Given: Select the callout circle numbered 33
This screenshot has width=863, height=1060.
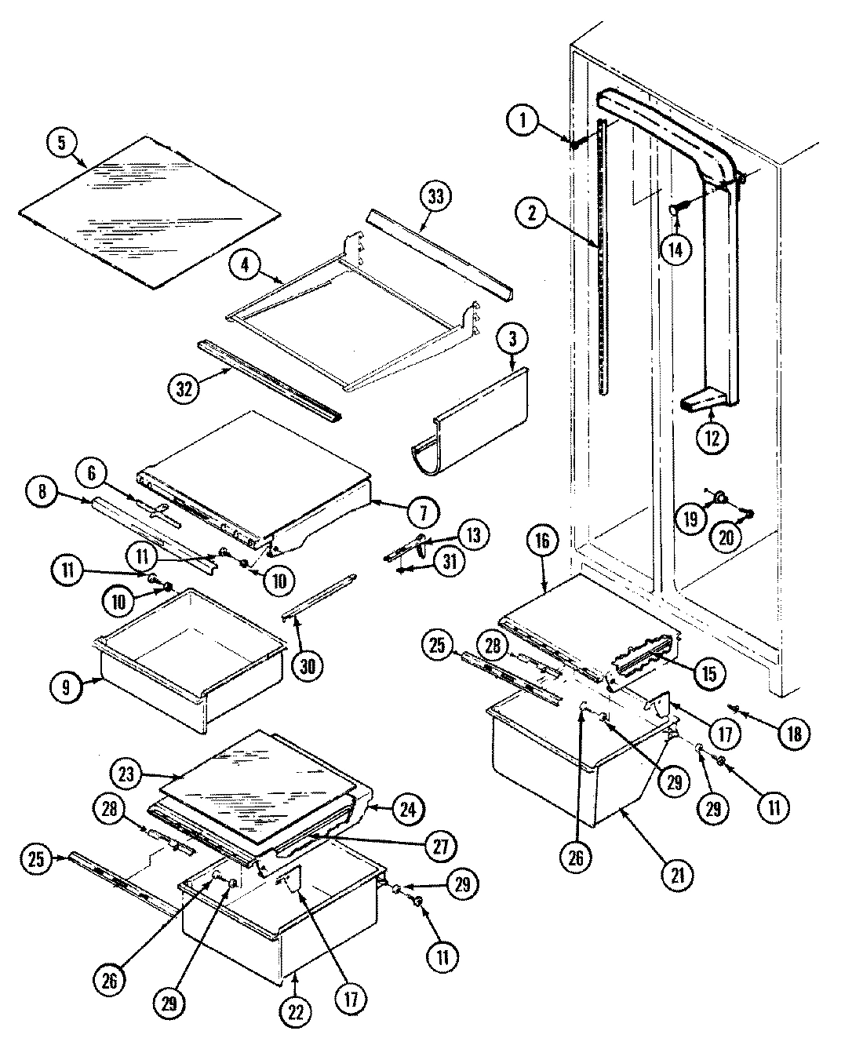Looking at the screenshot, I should (435, 196).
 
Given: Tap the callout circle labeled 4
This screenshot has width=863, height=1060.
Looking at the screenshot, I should (245, 265).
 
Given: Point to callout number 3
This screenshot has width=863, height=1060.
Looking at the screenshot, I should (512, 340).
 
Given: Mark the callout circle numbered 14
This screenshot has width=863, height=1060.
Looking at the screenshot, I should (675, 250).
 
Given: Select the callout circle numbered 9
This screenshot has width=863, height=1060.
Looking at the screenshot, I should (66, 688).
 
